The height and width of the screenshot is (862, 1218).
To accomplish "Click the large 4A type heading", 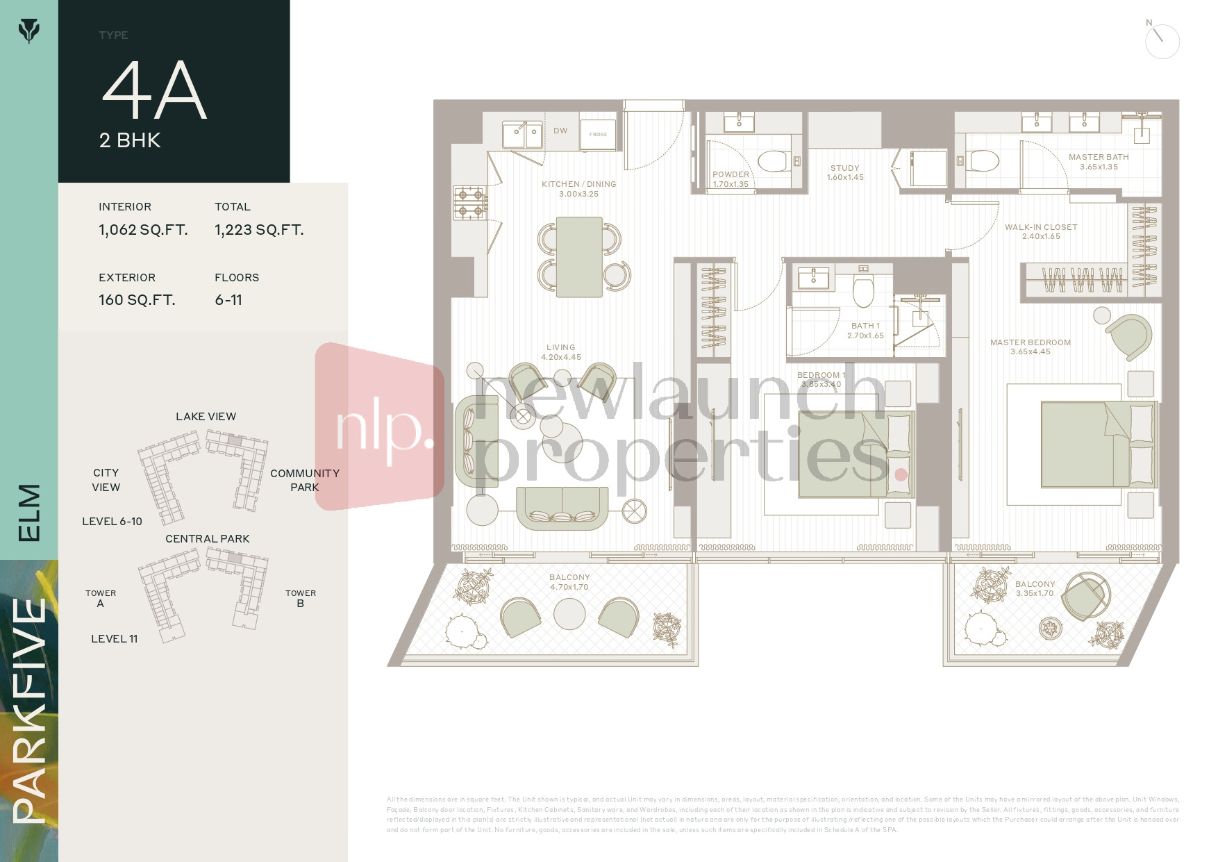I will [x=154, y=90].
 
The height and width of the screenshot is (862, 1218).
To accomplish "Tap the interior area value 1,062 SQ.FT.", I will [x=143, y=230].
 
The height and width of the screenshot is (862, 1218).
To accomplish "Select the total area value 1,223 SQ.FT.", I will [x=259, y=230].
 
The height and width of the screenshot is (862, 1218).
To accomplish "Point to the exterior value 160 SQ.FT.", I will [x=137, y=300].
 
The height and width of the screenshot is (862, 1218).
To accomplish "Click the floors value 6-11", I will [x=228, y=300].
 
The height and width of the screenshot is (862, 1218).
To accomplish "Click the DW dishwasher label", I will [x=560, y=131].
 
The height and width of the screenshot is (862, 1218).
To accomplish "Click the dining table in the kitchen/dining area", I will [x=579, y=257].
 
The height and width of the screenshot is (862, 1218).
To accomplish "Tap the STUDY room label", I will [x=845, y=168].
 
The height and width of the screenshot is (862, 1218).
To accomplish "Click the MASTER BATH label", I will [x=1099, y=157].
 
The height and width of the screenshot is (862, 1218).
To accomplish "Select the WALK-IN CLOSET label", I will [x=1041, y=227].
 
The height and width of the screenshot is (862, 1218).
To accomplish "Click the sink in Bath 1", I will [x=812, y=279].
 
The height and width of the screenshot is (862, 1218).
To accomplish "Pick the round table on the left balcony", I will [x=569, y=614].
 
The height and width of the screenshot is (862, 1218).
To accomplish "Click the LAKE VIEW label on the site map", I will [x=206, y=417].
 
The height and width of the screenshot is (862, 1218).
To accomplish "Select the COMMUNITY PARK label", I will [x=305, y=480].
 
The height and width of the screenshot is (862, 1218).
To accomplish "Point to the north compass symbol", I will [x=1162, y=41].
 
